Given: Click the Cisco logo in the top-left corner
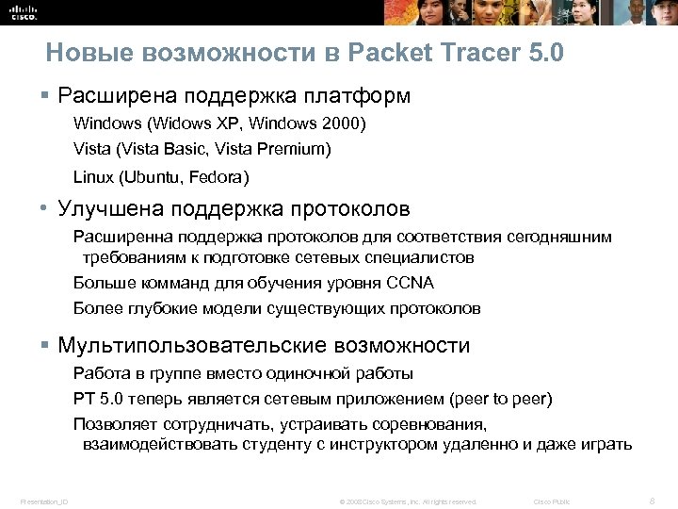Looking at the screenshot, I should point(22,11).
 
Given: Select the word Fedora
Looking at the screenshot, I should point(218,176).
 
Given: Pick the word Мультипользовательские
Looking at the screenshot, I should point(188,346).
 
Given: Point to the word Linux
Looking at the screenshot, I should point(91,176).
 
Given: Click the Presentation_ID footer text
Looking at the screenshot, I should point(43,501).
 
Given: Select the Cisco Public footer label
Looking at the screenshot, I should point(552,501).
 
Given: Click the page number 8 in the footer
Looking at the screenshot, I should point(652,501).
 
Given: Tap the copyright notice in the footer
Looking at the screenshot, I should point(408,501).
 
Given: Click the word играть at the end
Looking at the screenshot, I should point(606,444).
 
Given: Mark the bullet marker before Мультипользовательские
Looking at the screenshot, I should point(44,346).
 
